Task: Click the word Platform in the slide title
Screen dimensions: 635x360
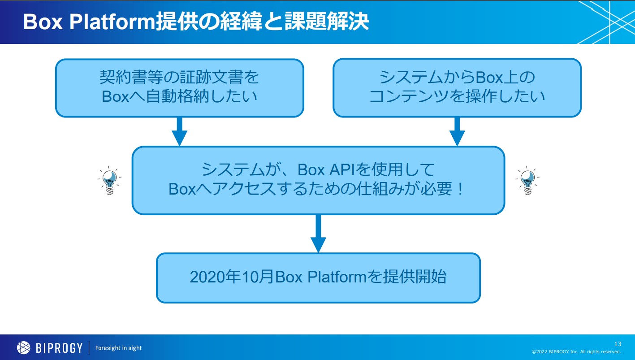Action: click(x=112, y=22)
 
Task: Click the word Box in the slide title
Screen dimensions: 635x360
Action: click(x=43, y=22)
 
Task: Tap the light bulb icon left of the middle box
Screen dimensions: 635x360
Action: click(x=109, y=180)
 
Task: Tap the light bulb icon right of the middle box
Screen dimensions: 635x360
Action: click(x=527, y=180)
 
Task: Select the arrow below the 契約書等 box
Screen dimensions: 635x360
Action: click(x=179, y=131)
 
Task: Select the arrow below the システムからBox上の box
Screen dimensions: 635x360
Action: click(x=457, y=131)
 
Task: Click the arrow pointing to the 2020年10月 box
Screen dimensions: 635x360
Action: click(x=318, y=234)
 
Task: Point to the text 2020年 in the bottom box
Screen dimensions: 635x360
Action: click(x=215, y=277)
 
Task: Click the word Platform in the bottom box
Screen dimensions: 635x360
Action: click(x=337, y=277)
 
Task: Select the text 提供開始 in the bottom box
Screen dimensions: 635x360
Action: click(x=415, y=277)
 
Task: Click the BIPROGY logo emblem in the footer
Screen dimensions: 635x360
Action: click(x=24, y=348)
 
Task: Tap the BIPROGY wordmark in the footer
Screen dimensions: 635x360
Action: click(x=59, y=348)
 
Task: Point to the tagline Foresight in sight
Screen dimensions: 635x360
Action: click(x=118, y=348)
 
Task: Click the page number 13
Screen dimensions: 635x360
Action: click(x=618, y=344)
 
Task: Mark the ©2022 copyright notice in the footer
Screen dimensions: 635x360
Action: click(x=576, y=352)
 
